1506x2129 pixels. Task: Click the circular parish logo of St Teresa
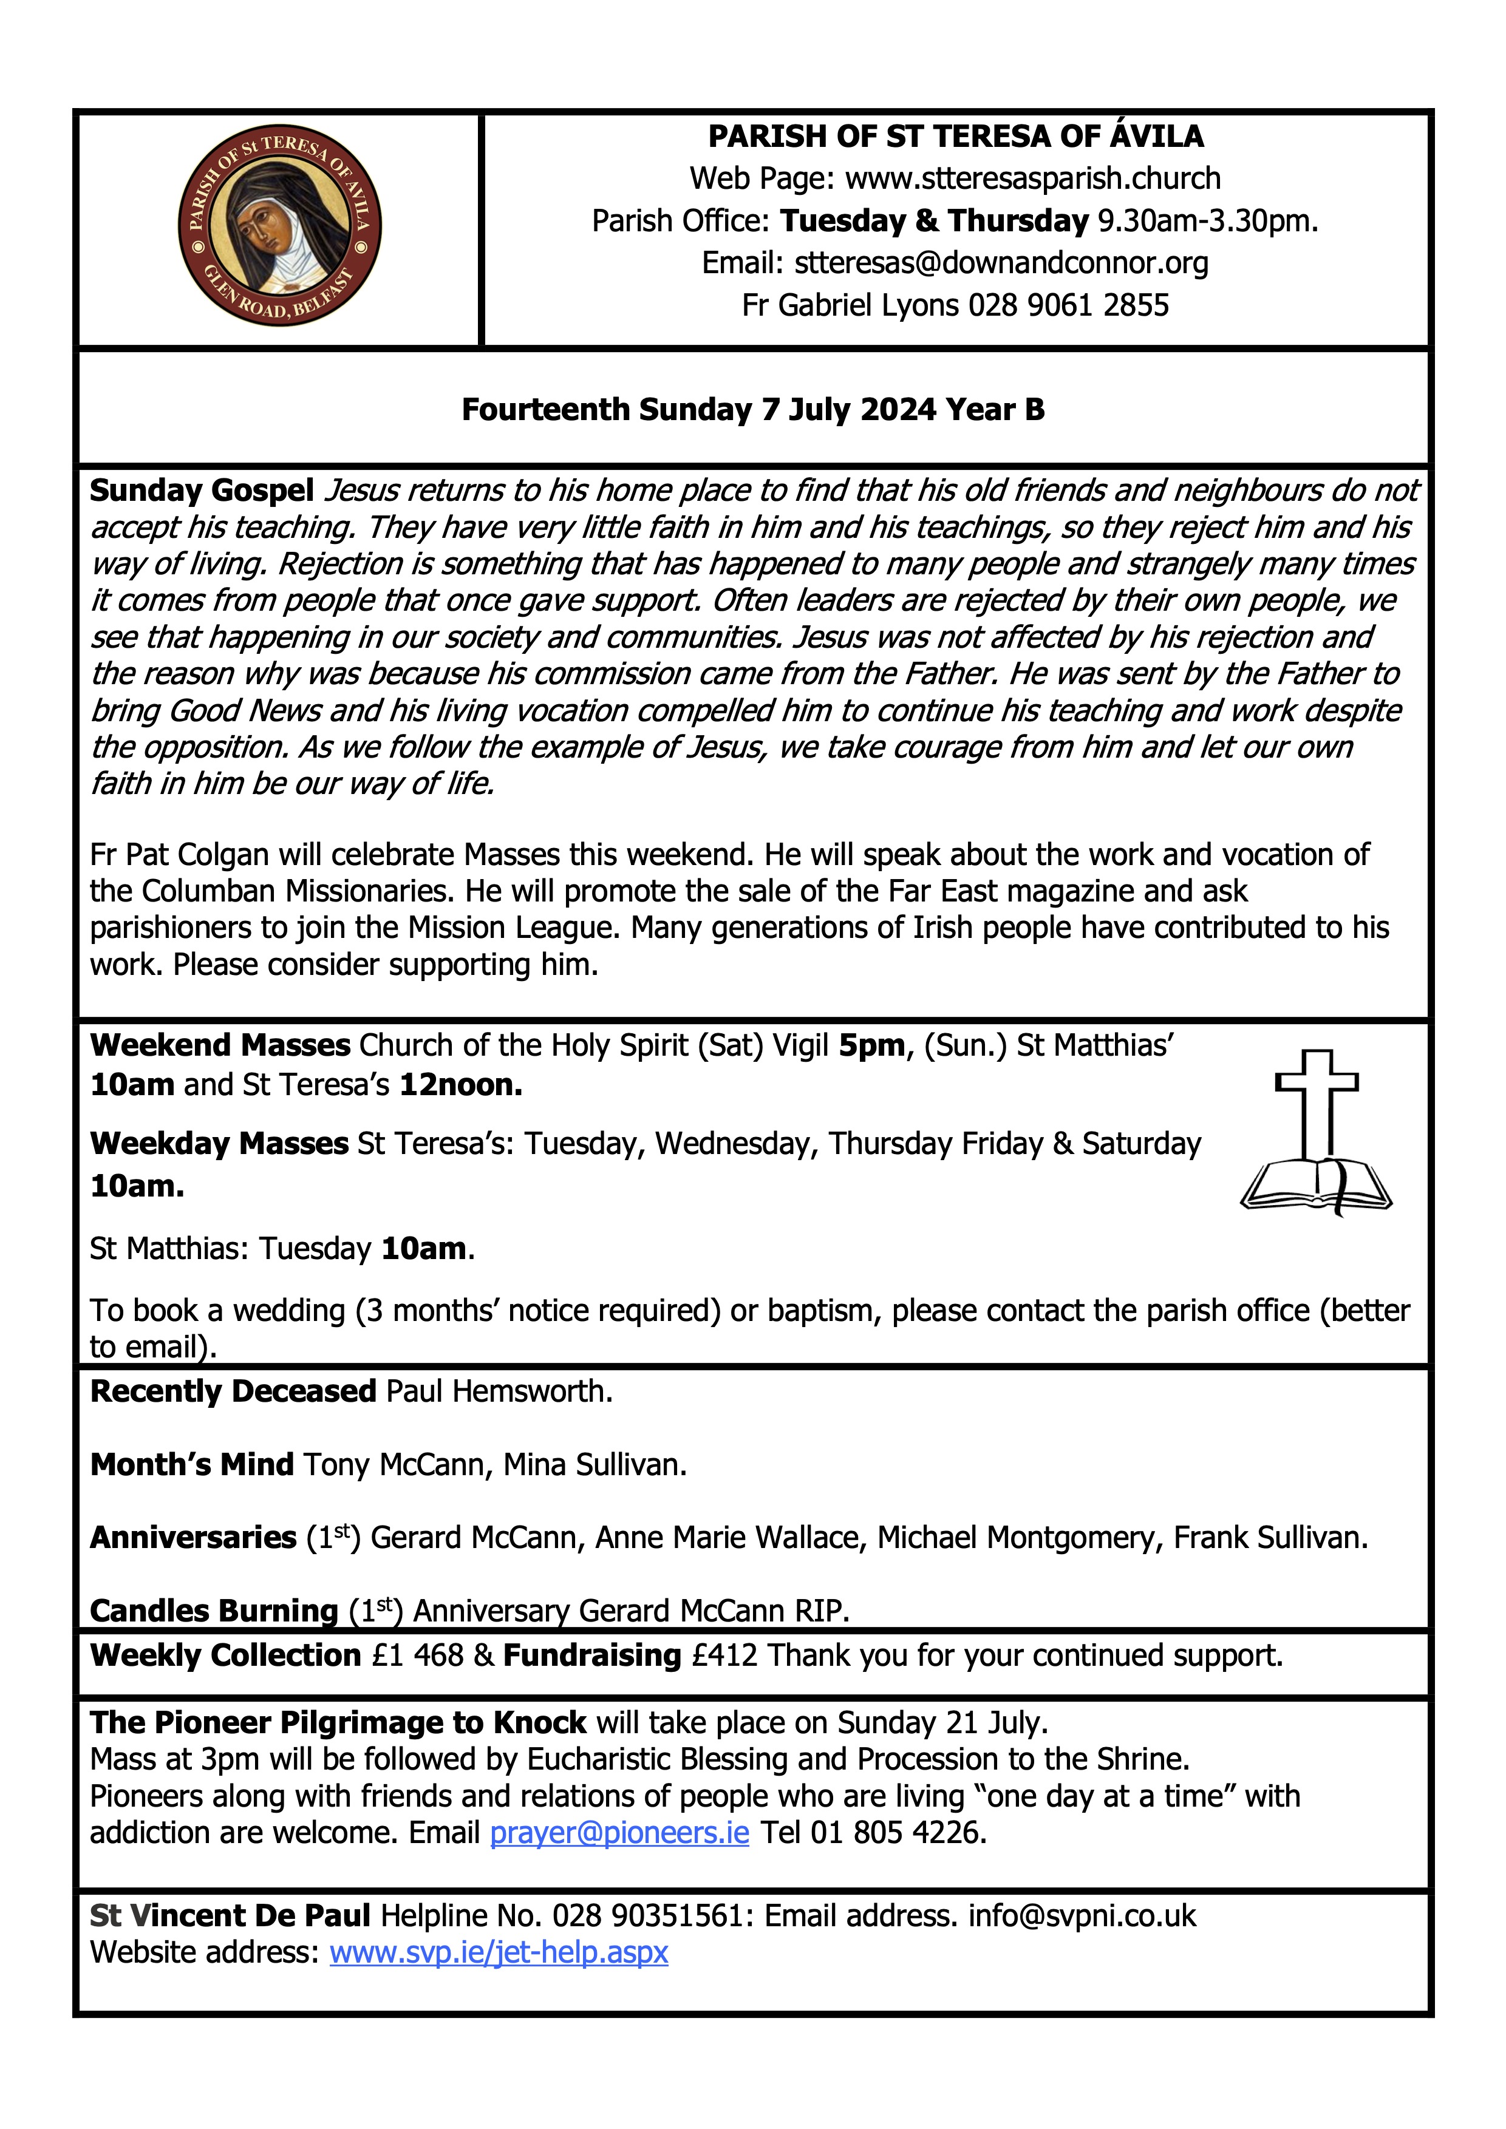click(x=279, y=226)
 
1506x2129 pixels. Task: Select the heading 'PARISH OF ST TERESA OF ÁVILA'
click(x=955, y=137)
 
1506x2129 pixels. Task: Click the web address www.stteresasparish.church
click(x=1032, y=178)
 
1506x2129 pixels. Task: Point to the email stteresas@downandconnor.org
click(x=1001, y=263)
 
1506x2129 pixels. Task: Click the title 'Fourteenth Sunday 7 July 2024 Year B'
click(x=753, y=409)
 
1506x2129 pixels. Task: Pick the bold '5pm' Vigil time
click(x=871, y=1045)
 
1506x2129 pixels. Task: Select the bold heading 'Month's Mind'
click(x=191, y=1464)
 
